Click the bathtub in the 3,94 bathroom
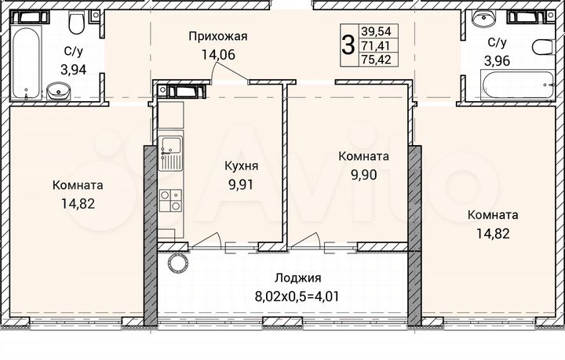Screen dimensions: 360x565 [x=28, y=53]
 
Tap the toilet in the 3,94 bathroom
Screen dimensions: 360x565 [x=75, y=25]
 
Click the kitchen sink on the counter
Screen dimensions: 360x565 [x=170, y=152]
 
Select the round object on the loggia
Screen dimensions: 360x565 [x=177, y=262]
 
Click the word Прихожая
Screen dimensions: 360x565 [x=217, y=36]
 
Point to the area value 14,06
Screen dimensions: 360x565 [x=217, y=54]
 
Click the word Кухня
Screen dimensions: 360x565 [x=242, y=167]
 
